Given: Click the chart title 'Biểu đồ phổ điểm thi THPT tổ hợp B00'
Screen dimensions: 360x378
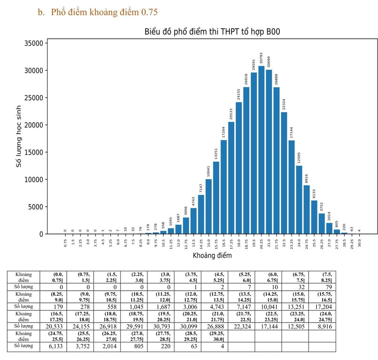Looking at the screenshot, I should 212,32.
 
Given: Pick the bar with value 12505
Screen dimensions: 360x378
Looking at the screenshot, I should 299,200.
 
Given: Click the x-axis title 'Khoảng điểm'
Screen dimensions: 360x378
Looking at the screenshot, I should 212,255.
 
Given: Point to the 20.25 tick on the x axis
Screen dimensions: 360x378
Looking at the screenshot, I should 261,243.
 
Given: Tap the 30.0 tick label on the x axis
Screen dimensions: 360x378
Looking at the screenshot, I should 360,243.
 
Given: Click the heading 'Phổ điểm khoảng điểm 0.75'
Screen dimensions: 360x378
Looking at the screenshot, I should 104,12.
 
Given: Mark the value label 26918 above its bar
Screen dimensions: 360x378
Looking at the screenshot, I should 246,79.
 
